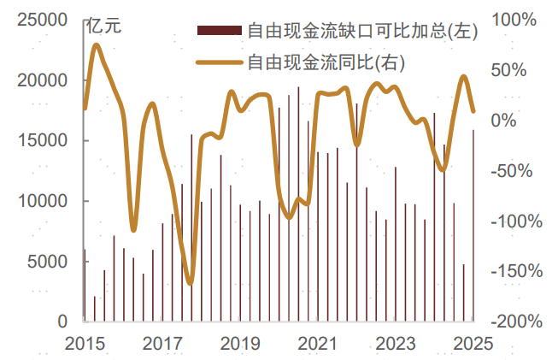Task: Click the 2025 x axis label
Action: (x=473, y=344)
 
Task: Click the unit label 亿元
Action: (x=104, y=26)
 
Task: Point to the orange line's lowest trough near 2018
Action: (x=190, y=282)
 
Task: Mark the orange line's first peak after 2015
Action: (x=96, y=44)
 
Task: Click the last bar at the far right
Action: (x=474, y=226)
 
